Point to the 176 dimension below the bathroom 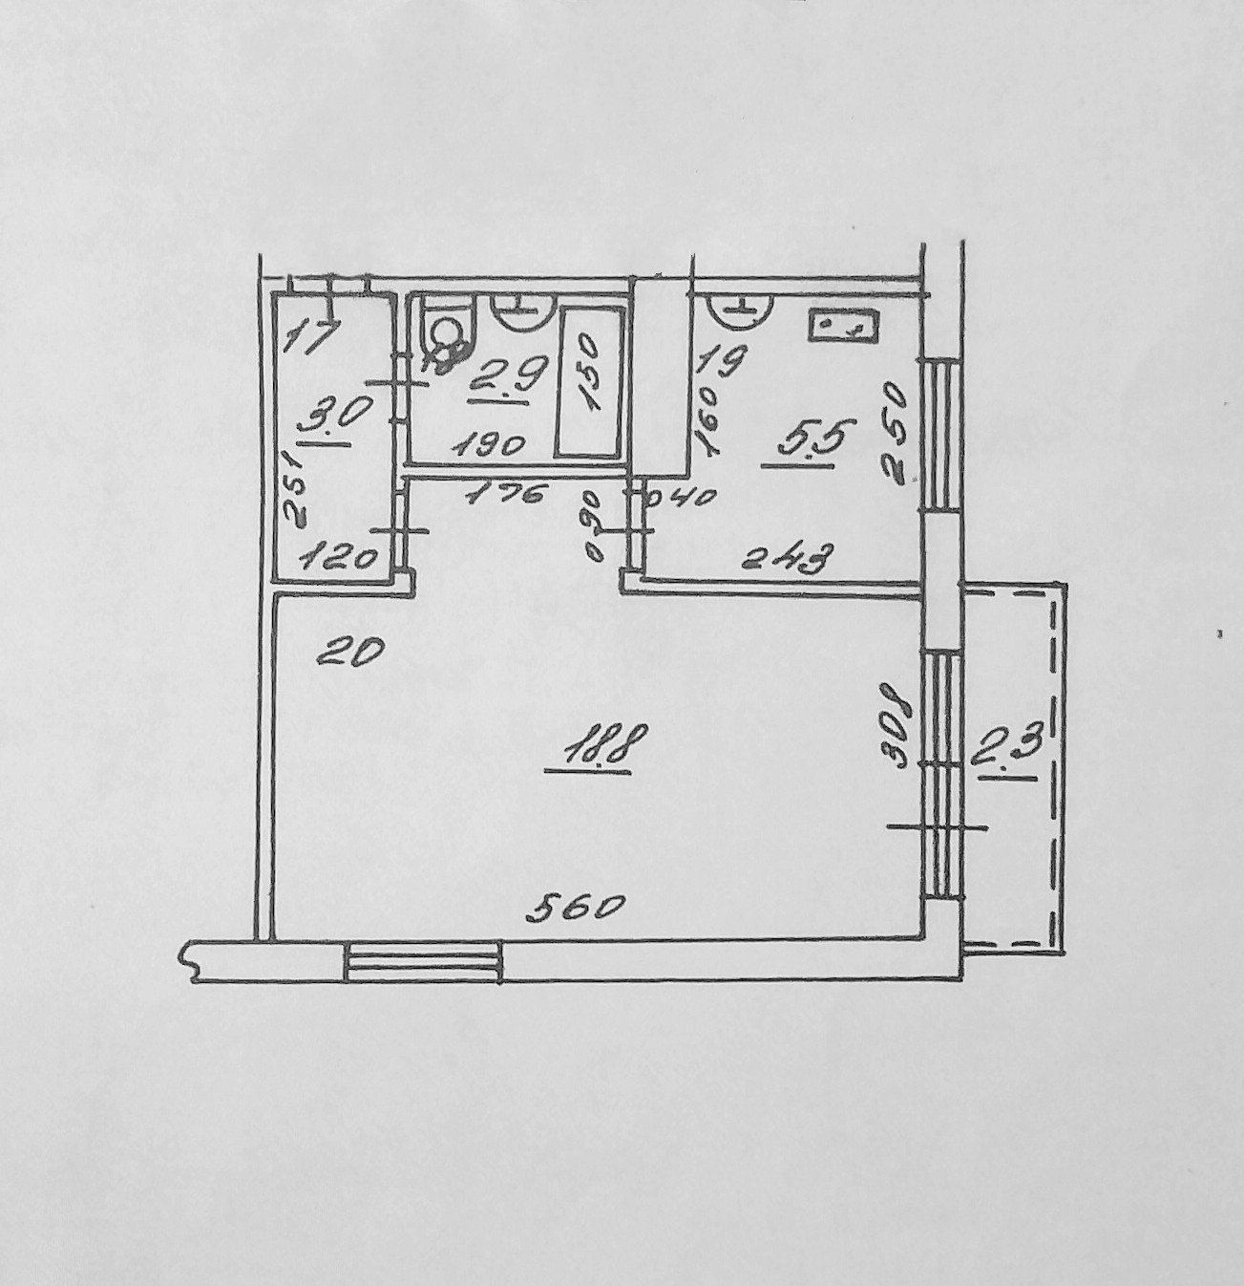coord(508,494)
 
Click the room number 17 coord(312,337)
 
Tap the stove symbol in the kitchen coord(842,325)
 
